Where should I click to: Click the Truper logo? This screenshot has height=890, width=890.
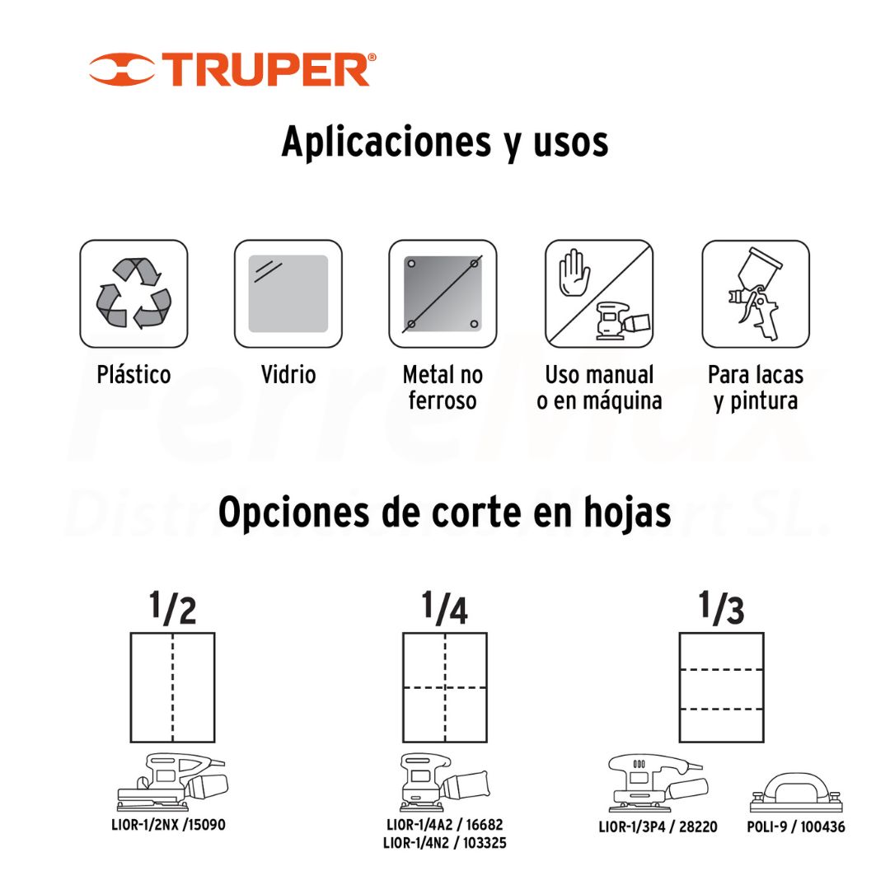pyautogui.click(x=232, y=70)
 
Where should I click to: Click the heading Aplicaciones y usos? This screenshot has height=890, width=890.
pyautogui.click(x=445, y=142)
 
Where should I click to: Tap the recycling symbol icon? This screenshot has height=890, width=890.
pyautogui.click(x=134, y=293)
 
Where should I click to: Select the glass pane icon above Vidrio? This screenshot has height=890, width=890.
pyautogui.click(x=288, y=293)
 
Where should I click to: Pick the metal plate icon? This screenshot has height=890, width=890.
pyautogui.click(x=443, y=293)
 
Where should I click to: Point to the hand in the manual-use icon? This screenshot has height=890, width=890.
pyautogui.click(x=574, y=273)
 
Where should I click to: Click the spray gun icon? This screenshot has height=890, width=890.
pyautogui.click(x=756, y=293)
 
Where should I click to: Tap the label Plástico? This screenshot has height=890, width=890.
pyautogui.click(x=134, y=375)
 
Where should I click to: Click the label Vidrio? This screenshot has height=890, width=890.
pyautogui.click(x=288, y=375)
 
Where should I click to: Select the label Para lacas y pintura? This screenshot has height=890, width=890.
pyautogui.click(x=756, y=387)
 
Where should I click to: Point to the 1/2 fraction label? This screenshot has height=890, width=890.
pyautogui.click(x=172, y=608)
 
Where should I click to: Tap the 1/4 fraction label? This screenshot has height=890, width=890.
pyautogui.click(x=445, y=608)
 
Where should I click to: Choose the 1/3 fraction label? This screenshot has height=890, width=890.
pyautogui.click(x=721, y=608)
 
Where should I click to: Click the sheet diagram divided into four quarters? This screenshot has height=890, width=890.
pyautogui.click(x=445, y=687)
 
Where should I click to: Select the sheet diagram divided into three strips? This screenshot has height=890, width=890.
pyautogui.click(x=721, y=687)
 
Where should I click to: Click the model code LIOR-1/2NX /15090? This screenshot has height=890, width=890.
pyautogui.click(x=169, y=825)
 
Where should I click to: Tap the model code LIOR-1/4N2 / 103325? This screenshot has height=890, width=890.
pyautogui.click(x=445, y=843)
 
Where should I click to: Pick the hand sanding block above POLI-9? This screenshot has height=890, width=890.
pyautogui.click(x=796, y=793)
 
